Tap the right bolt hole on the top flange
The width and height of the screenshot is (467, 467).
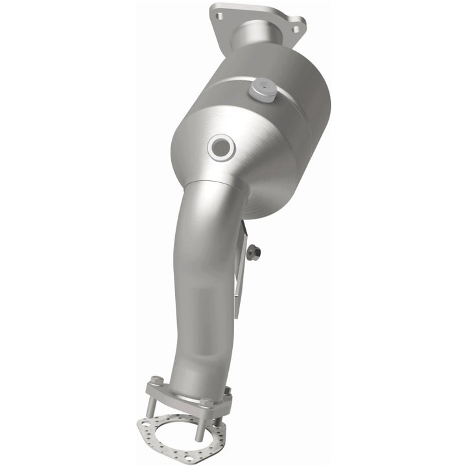tap(296, 29)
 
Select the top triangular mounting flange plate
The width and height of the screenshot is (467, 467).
tap(259, 19)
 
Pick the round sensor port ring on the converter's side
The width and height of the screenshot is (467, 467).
tap(220, 147)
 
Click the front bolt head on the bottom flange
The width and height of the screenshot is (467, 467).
tap(206, 403)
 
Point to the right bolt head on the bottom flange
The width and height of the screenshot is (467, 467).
tap(227, 391)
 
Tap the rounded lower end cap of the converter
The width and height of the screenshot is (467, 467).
tap(272, 188)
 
